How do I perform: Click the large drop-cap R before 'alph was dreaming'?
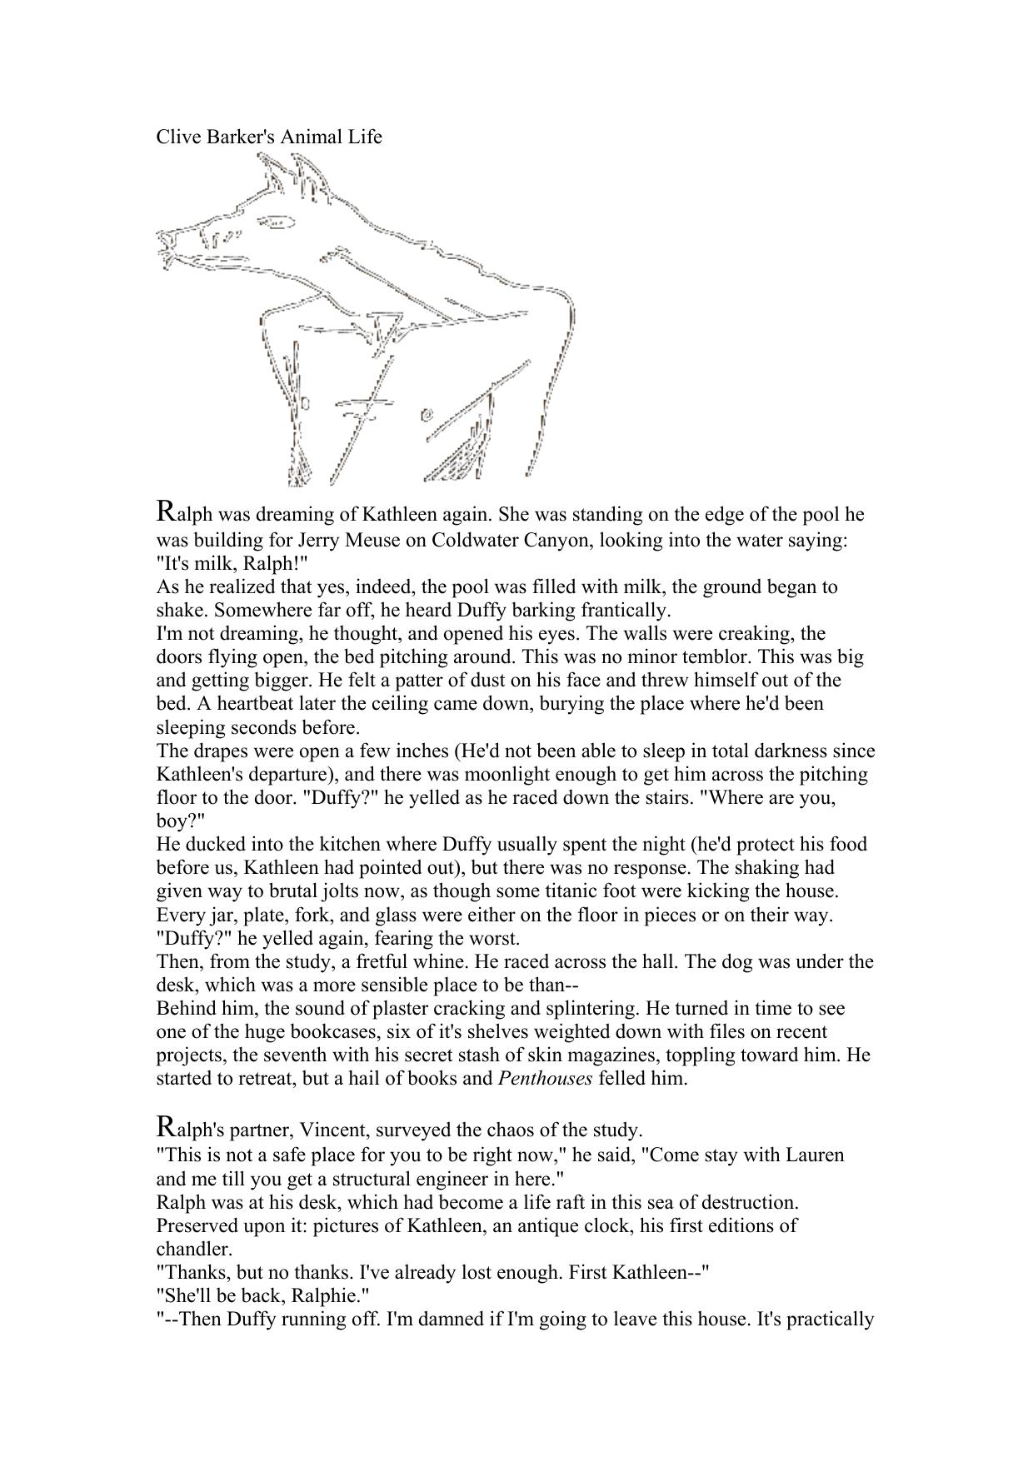click(166, 511)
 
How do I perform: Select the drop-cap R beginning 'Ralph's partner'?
click(166, 1126)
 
